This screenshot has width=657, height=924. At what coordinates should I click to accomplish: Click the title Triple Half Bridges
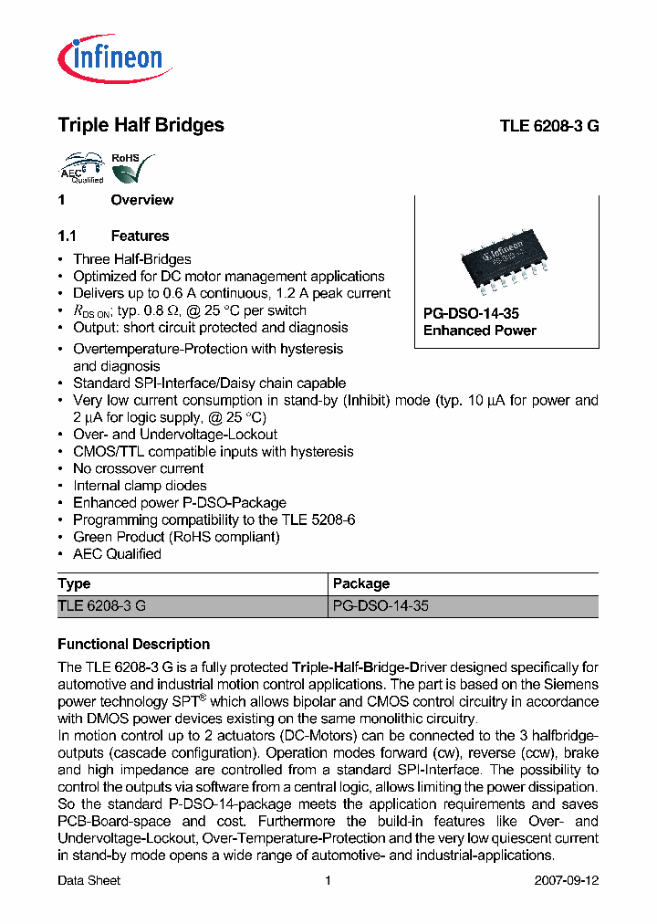(141, 126)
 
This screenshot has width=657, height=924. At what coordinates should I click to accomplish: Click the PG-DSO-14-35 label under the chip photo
(471, 313)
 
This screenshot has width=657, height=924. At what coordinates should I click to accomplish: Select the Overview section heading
(141, 200)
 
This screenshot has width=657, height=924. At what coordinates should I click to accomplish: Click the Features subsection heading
(140, 236)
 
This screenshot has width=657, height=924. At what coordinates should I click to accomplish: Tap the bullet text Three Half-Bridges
(132, 259)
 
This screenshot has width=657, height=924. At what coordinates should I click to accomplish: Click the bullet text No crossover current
(139, 468)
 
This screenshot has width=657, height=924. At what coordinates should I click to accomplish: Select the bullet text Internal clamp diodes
(140, 486)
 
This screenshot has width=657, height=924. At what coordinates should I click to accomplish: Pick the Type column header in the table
(75, 584)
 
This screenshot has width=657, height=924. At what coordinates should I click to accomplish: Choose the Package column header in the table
(361, 584)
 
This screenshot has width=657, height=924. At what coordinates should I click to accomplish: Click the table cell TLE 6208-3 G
(101, 606)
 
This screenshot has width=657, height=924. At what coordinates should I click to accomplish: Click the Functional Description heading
(133, 644)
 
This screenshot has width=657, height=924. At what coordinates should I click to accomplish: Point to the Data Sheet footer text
(89, 881)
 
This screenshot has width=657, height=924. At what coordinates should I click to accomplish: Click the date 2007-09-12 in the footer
(566, 881)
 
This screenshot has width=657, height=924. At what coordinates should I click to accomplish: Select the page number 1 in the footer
(328, 881)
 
